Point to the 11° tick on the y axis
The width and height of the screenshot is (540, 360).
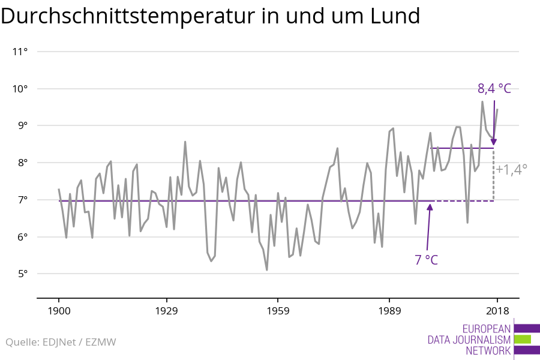click(x=20, y=52)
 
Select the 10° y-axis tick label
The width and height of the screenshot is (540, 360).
click(x=20, y=89)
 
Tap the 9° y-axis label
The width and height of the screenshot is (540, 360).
click(x=23, y=125)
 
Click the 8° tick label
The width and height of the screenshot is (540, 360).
click(x=23, y=163)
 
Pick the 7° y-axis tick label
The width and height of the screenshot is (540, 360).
click(x=23, y=200)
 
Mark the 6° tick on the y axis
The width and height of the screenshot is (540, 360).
click(x=23, y=237)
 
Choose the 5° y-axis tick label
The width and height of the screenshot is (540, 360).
click(x=23, y=274)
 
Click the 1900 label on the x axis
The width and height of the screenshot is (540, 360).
click(x=59, y=311)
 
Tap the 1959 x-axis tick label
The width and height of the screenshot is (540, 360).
click(x=278, y=311)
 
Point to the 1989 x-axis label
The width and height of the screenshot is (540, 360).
click(x=389, y=311)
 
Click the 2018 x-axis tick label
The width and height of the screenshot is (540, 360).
click(x=497, y=311)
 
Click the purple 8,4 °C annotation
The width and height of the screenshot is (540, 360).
click(x=494, y=89)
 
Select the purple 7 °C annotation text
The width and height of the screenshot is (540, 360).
click(x=426, y=260)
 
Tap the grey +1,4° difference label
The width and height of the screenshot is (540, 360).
click(x=512, y=169)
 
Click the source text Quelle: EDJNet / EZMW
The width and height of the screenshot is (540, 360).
click(x=61, y=343)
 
